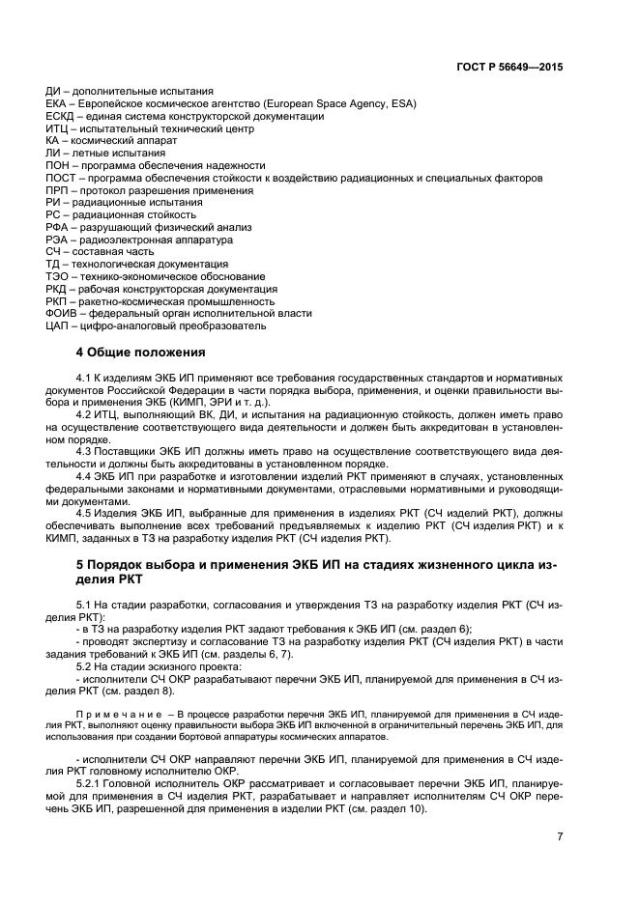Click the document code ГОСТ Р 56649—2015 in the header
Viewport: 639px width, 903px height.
point(509,68)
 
